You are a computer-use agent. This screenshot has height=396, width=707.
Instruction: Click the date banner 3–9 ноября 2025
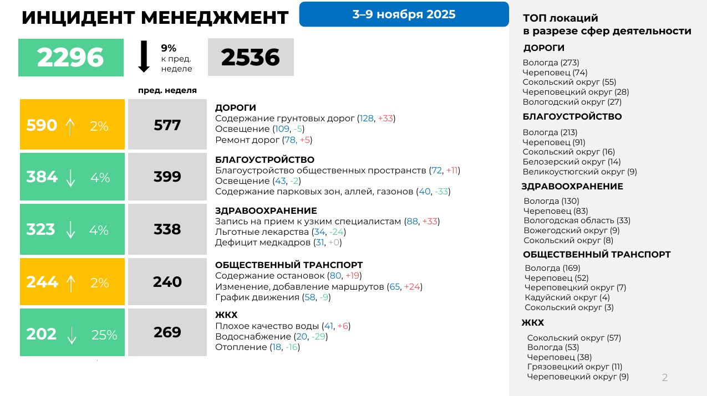[404, 14]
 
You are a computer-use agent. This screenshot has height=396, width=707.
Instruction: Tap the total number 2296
[70, 58]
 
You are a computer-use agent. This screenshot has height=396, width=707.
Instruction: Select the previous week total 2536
[250, 58]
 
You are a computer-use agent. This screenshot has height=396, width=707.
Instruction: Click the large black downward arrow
[144, 56]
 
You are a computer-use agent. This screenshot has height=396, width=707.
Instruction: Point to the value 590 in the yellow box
[42, 126]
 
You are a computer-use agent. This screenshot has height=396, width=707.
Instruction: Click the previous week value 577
[167, 126]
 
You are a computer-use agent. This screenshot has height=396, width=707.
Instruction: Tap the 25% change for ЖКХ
[104, 335]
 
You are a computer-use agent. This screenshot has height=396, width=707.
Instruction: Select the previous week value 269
[167, 332]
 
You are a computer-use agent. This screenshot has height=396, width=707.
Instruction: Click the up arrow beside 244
[71, 283]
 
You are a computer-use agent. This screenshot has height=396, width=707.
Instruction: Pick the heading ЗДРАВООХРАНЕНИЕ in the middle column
[266, 211]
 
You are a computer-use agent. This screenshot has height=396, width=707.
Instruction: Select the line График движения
[272, 297]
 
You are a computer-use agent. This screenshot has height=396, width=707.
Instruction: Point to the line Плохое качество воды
[283, 326]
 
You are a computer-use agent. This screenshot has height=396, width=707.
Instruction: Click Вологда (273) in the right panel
[551, 63]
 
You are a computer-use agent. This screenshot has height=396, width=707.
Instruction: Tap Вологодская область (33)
[577, 220]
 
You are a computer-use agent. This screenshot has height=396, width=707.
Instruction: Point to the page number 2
[665, 378]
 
